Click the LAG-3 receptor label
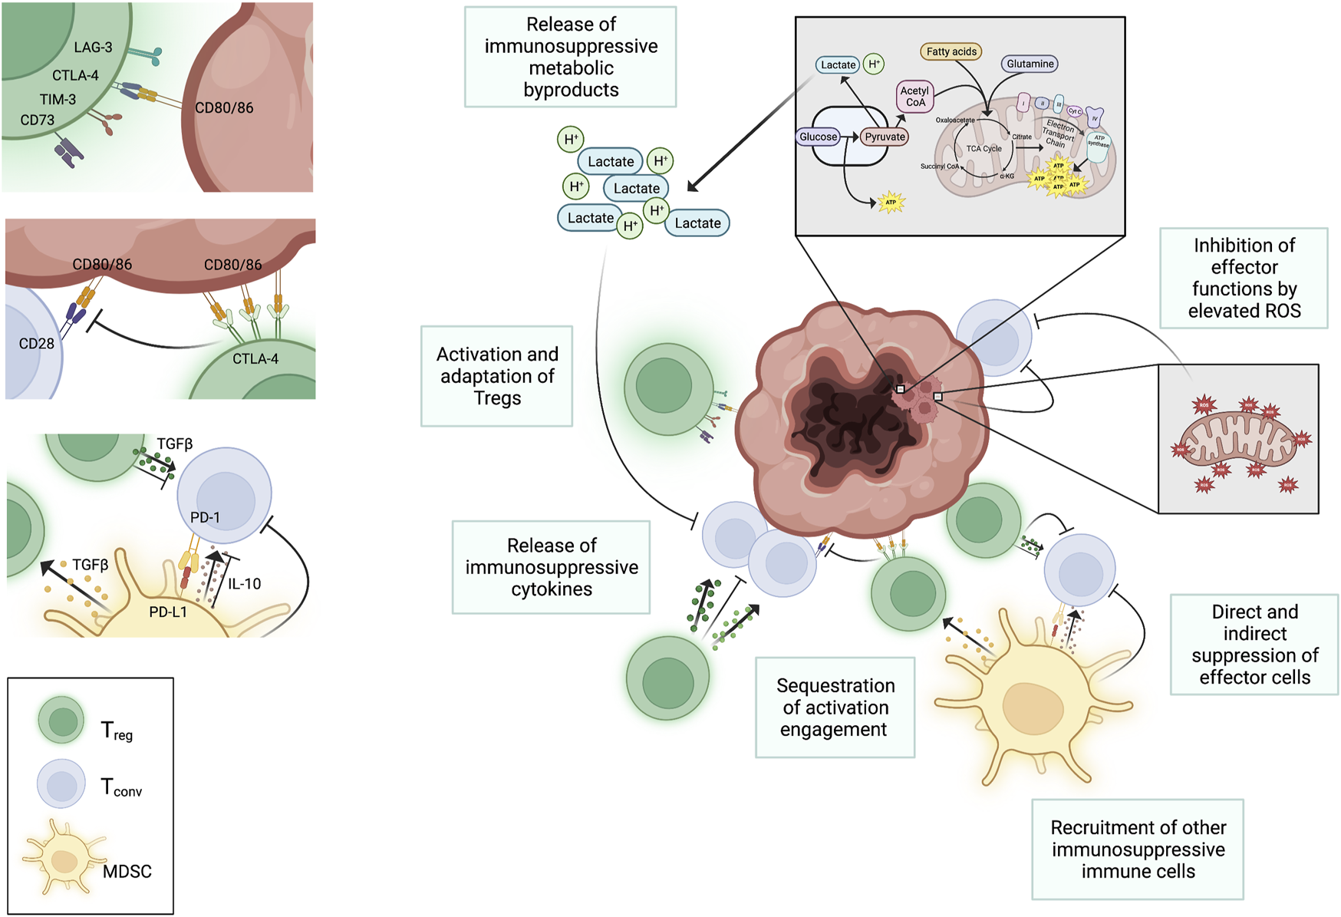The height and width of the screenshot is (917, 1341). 93,48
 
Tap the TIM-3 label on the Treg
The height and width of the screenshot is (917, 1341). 58,99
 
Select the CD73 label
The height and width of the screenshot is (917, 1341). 38,120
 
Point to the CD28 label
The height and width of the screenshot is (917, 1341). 36,343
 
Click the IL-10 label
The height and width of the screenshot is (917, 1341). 244,584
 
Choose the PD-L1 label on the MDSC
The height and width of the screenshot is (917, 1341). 168,612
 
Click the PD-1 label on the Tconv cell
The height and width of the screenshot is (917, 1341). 205,517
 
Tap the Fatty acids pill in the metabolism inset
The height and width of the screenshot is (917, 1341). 951,51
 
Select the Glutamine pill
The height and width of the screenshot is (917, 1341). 1030,64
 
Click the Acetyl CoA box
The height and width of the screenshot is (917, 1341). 914,97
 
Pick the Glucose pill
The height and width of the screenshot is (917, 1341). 818,137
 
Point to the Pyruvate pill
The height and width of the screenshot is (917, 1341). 885,137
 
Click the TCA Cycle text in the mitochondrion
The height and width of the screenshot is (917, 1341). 984,148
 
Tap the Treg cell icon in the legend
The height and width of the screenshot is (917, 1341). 61,720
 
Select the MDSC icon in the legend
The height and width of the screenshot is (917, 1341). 64,856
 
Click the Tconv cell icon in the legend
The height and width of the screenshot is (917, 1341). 61,783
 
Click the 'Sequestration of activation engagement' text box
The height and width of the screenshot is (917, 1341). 835,707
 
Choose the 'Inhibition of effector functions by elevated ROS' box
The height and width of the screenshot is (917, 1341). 1244,278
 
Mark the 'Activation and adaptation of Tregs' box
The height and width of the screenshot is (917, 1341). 496,376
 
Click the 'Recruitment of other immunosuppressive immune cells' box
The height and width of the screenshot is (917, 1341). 1138,849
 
